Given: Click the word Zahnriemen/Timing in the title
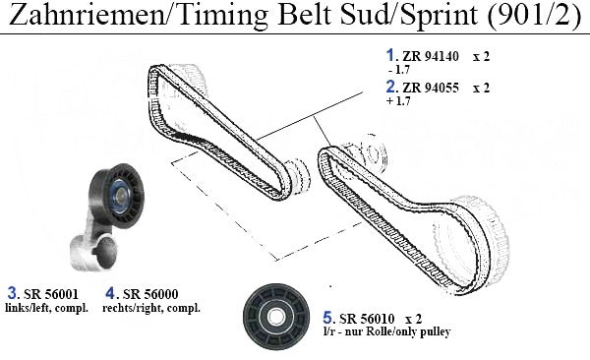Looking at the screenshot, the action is (139, 15).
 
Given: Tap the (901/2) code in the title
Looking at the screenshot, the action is (535, 15).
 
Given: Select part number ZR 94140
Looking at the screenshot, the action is (431, 56).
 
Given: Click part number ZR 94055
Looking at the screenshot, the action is (431, 88).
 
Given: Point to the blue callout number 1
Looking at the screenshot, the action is (390, 55).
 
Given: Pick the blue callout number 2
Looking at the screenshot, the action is (391, 87).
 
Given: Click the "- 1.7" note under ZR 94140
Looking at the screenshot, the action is (399, 70).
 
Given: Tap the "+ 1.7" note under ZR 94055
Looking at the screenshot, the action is (398, 101).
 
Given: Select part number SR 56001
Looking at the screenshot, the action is (51, 294).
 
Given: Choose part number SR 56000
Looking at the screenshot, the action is (150, 294).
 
